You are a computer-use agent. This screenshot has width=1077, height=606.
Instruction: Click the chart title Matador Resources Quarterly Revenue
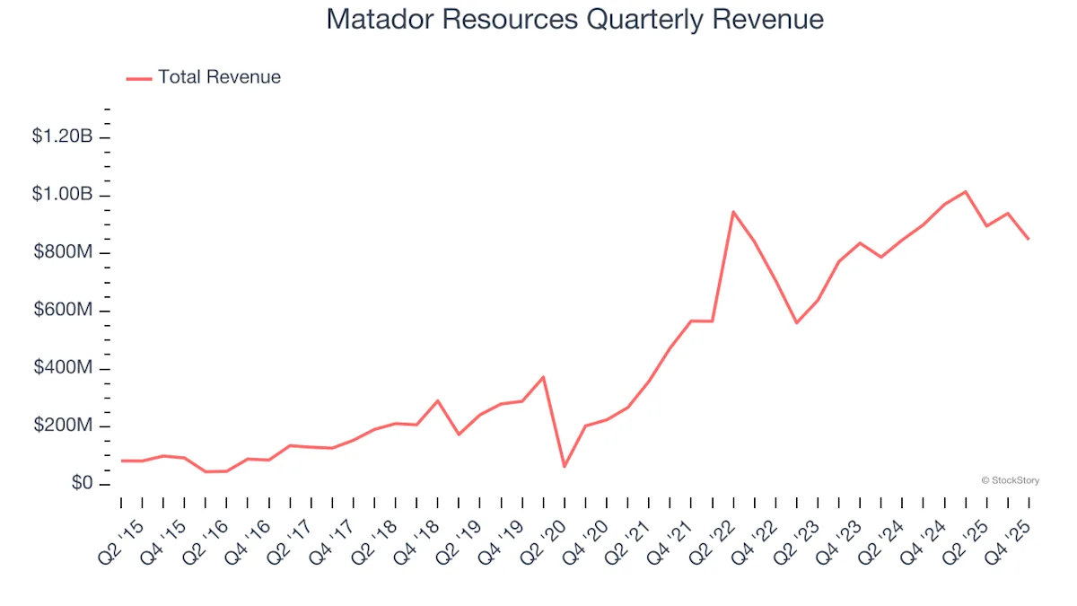click(x=574, y=20)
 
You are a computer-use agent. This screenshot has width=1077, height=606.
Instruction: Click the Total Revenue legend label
click(x=219, y=77)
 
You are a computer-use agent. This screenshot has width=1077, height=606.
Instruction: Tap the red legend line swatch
click(x=139, y=78)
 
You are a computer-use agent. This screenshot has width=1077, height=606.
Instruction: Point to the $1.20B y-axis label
click(x=62, y=136)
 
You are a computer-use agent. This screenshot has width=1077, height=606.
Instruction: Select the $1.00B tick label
click(x=62, y=195)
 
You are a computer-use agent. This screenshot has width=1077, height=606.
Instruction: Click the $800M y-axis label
click(x=63, y=252)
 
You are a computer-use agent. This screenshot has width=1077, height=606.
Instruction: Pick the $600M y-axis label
click(x=63, y=311)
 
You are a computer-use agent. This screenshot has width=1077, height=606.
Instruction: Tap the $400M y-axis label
click(x=63, y=369)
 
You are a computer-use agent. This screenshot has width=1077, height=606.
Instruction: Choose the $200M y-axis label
click(x=63, y=426)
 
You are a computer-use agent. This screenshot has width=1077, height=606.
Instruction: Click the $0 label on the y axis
click(x=78, y=485)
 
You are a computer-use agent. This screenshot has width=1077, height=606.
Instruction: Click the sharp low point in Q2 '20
click(x=565, y=467)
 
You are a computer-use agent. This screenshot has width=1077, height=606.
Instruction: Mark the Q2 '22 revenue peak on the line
click(x=733, y=212)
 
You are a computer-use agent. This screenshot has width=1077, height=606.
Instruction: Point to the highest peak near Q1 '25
click(x=965, y=191)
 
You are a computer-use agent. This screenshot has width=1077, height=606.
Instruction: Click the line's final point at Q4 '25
click(x=1029, y=239)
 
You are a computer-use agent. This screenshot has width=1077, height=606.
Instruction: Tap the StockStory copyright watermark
click(x=1011, y=480)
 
